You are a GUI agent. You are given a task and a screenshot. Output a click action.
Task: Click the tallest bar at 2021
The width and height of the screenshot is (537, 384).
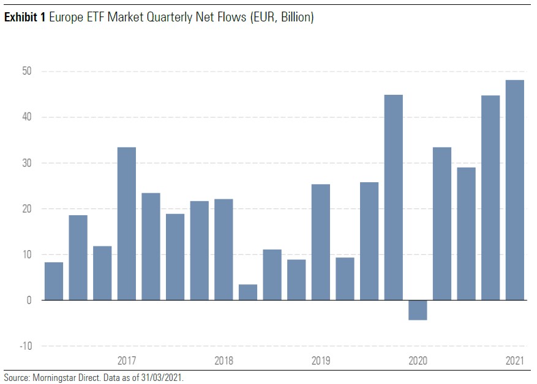coord(515,190)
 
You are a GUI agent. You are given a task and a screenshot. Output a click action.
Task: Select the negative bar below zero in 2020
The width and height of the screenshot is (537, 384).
coord(418,310)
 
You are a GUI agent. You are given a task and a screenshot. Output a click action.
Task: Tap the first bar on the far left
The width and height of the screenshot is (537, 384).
coord(54,281)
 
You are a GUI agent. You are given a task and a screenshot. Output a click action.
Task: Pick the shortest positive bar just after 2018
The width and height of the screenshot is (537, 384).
coord(248,292)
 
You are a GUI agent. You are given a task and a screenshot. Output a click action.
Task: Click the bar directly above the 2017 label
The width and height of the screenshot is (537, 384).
coord(127,224)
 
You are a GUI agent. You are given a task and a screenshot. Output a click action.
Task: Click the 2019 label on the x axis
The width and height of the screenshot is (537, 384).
coord(321,360)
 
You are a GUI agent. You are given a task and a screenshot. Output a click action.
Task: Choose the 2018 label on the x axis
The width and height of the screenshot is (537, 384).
coord(224,360)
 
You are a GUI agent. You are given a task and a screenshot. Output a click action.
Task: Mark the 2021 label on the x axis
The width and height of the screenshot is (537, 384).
coord(515,360)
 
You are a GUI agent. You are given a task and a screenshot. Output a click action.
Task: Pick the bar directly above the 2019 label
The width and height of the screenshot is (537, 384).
coord(321,242)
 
